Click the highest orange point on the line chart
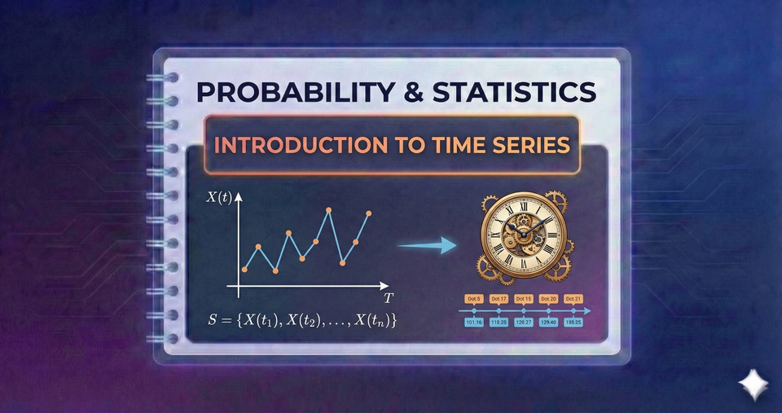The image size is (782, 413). click(x=329, y=210)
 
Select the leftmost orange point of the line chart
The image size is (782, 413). click(x=244, y=270)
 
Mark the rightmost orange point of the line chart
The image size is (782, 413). click(x=369, y=213)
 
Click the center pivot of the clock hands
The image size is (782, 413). click(x=523, y=235)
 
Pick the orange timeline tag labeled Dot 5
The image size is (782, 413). click(x=475, y=299)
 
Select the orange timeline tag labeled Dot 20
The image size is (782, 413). click(x=548, y=299)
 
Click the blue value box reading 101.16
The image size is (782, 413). click(x=474, y=323)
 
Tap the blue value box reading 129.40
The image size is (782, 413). click(x=548, y=323)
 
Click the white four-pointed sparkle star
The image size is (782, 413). click(x=750, y=384)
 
